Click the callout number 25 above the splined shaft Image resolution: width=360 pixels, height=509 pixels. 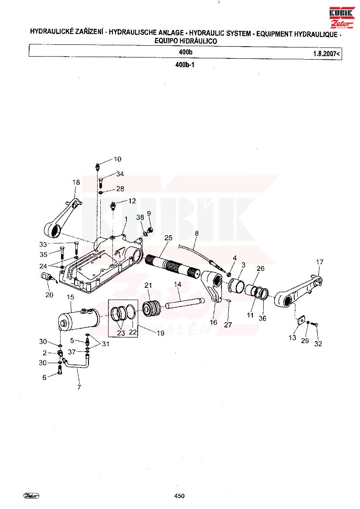(x=168, y=238)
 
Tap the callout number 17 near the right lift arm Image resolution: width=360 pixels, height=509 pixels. (x=320, y=262)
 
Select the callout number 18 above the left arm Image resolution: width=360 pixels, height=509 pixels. (x=76, y=182)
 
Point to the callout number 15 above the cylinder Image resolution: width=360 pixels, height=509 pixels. (x=71, y=297)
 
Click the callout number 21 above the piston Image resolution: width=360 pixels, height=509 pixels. (x=148, y=285)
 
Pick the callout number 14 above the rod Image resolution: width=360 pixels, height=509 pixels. (x=177, y=284)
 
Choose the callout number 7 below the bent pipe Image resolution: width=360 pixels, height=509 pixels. (x=79, y=387)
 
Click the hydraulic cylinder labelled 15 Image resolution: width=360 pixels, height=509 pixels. (x=79, y=319)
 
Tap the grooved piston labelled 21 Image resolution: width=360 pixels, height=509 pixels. (x=152, y=309)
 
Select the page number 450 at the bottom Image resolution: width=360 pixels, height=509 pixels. (x=180, y=496)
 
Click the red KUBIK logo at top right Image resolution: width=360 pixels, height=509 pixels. (x=341, y=18)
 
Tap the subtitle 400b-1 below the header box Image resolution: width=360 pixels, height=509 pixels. (x=184, y=64)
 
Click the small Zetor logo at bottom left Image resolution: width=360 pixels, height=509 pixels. (x=31, y=496)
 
